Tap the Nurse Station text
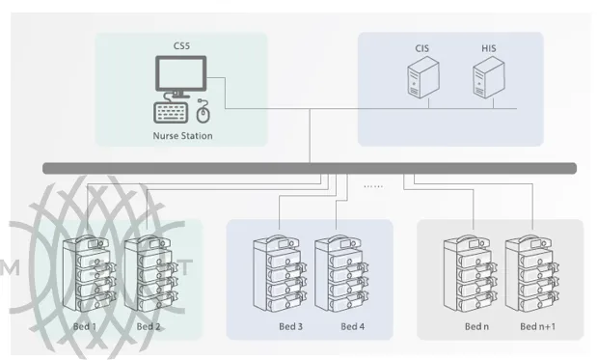(182, 136)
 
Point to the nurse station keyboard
(173, 111)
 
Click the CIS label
(421, 48)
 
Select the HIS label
(489, 48)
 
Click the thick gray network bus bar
(309, 168)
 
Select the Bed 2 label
(148, 326)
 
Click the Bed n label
(476, 326)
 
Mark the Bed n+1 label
(539, 326)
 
